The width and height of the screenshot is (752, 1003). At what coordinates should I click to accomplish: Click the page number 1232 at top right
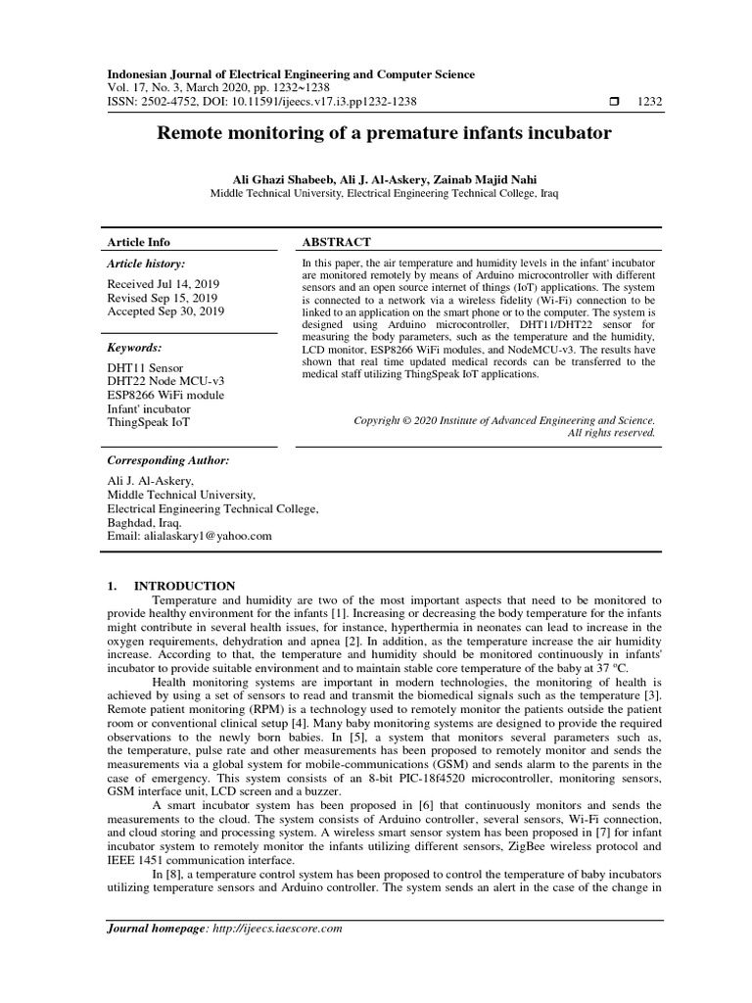(x=650, y=102)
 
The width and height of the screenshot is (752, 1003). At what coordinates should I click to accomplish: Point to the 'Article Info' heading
(x=138, y=242)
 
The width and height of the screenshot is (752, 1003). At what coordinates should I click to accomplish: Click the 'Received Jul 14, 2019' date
(x=163, y=283)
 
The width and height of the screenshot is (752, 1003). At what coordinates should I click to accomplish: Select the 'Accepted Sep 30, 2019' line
(x=164, y=310)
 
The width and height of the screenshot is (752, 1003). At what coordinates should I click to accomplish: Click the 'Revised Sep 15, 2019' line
(x=162, y=297)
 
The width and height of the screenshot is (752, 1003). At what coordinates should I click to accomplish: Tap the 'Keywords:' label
(x=134, y=348)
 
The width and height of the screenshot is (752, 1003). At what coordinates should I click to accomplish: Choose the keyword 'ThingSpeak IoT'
(x=149, y=422)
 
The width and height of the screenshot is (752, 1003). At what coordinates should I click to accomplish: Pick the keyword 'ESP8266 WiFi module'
(x=164, y=395)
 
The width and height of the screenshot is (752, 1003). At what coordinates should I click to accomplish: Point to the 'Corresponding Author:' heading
(x=167, y=459)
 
